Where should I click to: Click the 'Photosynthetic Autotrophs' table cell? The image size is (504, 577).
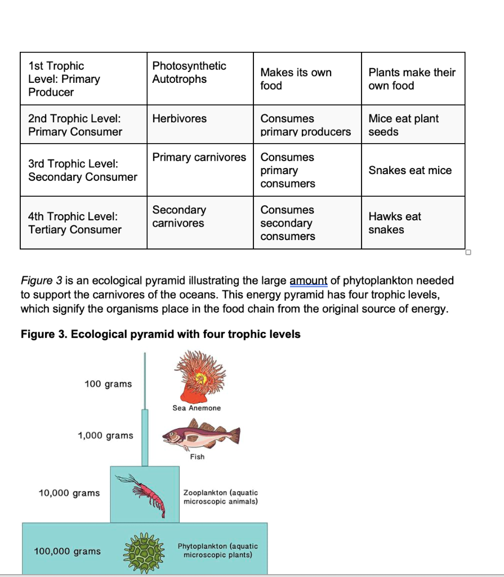point(189,73)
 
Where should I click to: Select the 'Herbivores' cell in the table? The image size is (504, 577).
point(179,118)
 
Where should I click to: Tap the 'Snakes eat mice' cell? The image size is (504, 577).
point(410,170)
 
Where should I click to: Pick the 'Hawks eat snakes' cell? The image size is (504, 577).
point(395,223)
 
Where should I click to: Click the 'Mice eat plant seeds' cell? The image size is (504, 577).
point(403,125)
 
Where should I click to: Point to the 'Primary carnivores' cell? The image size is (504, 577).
point(199,157)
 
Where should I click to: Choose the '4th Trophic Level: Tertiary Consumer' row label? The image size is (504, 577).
point(75,223)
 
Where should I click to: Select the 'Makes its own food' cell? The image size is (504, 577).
point(296,79)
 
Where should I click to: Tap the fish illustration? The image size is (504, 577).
point(201,437)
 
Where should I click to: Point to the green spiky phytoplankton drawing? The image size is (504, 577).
point(145,551)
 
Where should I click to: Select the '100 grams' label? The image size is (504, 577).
point(108,384)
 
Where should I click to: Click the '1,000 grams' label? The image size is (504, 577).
point(105,436)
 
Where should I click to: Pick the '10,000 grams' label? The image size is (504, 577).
point(69,493)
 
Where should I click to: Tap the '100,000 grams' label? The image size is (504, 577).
point(68,551)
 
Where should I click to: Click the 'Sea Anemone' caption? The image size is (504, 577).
point(197,408)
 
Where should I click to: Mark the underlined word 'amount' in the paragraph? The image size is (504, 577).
point(308,281)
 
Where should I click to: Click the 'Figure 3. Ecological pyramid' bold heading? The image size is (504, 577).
point(160,334)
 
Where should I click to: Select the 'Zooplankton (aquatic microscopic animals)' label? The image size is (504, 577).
point(220,497)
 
